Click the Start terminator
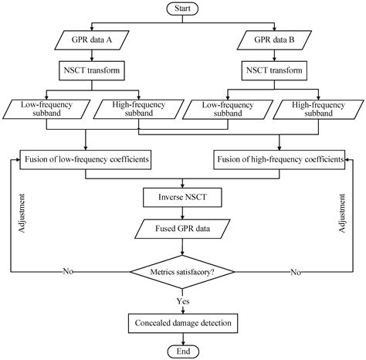tap(182, 8)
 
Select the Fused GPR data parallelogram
tap(182, 229)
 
